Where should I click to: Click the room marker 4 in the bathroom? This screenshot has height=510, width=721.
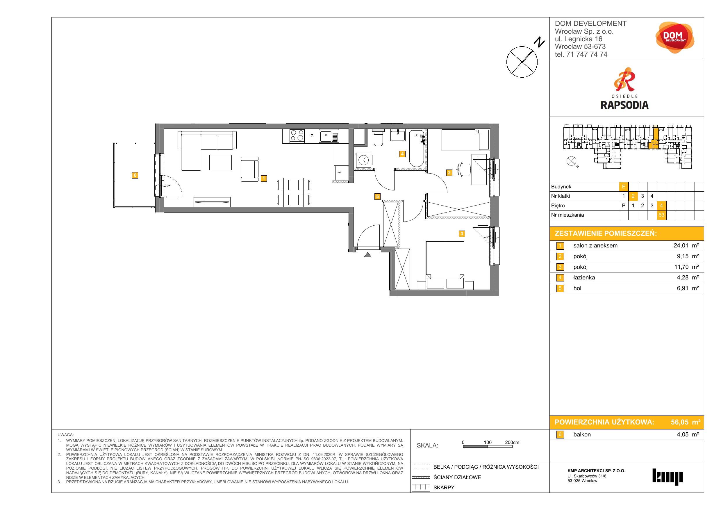pos(402,154)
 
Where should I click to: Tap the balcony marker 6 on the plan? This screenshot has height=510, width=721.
pos(135,175)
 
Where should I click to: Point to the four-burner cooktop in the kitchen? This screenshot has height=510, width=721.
pos(297,136)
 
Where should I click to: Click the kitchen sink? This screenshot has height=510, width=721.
pos(329,136)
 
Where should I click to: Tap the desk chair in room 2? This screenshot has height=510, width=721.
pos(463,170)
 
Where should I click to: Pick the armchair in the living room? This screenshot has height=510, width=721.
pos(250,169)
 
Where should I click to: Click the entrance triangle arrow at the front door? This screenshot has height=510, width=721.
pos(368,255)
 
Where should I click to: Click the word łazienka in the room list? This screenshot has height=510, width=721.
pos(584,278)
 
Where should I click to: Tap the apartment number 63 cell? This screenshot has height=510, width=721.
pos(661,215)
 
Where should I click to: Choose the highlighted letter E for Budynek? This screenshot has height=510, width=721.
pos(624,187)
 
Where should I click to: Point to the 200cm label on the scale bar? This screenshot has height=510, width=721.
pos(512,442)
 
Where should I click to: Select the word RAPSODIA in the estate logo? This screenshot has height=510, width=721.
pos(624,105)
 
